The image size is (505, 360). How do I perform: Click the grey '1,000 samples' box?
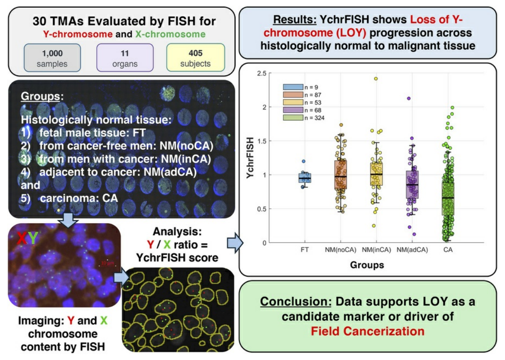pos(52,58)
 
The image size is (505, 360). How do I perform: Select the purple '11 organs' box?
pos(125,58)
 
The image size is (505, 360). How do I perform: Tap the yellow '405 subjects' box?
pos(196,58)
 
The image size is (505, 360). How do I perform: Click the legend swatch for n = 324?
pos(293,117)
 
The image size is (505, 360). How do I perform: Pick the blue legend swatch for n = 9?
pos(293,87)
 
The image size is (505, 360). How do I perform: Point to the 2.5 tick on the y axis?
pos(262,73)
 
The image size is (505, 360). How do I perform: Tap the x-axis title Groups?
pos(367,265)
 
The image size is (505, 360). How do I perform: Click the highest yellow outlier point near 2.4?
pos(376,78)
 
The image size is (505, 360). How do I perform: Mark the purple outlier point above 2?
pos(409,98)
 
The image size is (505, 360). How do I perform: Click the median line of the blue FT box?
pos(305,178)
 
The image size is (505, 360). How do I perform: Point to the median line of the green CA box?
pos(448,198)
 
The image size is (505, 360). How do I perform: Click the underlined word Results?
pos(295,20)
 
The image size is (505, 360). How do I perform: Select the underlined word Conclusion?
pos(296,302)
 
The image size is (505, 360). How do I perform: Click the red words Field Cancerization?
pos(368,331)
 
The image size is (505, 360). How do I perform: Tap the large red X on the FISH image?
pos(22,238)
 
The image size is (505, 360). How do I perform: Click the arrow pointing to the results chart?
pos(235,243)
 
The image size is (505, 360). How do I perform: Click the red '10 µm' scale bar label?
pos(107,263)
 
